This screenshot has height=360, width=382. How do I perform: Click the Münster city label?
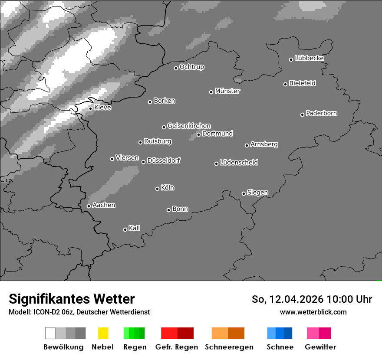(227, 91)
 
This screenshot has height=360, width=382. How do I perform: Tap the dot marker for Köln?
(157, 189)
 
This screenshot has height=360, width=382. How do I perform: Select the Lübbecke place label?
(309, 58)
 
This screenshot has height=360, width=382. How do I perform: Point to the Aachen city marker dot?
(89, 206)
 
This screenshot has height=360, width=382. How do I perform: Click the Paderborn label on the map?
(321, 113)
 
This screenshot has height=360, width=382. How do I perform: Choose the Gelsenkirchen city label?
(189, 126)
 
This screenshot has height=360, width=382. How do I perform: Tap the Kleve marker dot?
(90, 108)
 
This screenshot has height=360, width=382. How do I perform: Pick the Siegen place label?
(257, 193)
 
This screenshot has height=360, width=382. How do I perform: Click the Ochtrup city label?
(192, 67)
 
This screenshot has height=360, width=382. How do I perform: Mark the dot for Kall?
(125, 229)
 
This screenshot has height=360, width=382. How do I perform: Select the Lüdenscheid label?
(239, 163)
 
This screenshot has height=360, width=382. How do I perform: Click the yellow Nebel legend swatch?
(103, 333)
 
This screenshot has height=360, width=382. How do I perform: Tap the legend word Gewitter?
(320, 347)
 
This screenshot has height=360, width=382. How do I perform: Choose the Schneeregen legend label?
(229, 347)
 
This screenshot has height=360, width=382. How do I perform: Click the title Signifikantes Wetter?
(72, 299)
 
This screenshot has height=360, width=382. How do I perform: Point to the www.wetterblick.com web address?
(313, 312)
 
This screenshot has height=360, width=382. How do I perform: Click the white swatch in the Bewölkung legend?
(50, 333)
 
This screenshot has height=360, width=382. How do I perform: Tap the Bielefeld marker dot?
(285, 84)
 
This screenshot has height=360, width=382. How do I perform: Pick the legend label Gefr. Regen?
(176, 347)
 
